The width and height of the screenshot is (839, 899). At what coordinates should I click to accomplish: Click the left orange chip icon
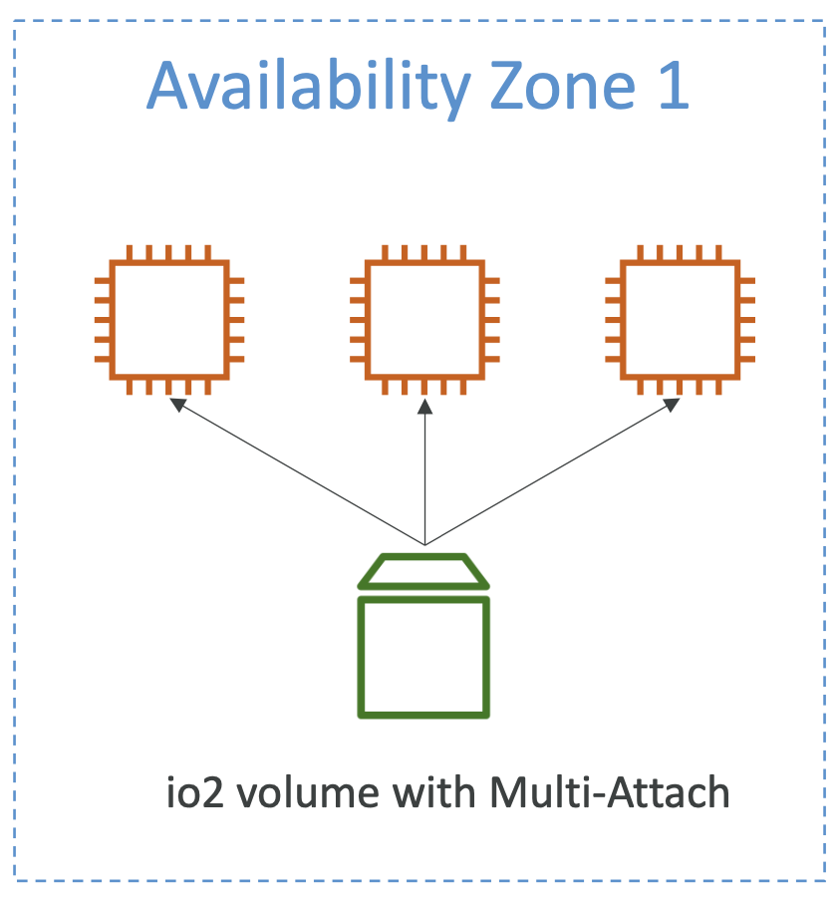[169, 319]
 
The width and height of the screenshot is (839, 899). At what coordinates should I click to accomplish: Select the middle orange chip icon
[425, 319]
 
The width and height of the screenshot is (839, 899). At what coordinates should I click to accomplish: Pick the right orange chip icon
[681, 319]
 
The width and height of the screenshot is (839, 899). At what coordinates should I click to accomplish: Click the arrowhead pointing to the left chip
[177, 405]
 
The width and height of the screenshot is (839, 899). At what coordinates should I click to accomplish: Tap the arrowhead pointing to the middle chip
[425, 406]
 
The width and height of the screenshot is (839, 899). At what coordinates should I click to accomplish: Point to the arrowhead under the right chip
[673, 405]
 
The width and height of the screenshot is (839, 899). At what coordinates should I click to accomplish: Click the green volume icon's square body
[424, 656]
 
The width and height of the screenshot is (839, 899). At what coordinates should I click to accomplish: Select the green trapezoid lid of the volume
[424, 571]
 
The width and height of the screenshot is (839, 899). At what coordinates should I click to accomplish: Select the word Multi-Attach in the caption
[610, 793]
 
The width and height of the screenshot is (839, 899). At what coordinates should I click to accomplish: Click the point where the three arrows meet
[425, 544]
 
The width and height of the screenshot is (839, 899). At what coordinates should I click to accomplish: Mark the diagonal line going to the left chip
[299, 473]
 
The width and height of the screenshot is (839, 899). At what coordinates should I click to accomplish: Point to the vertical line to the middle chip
[425, 478]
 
